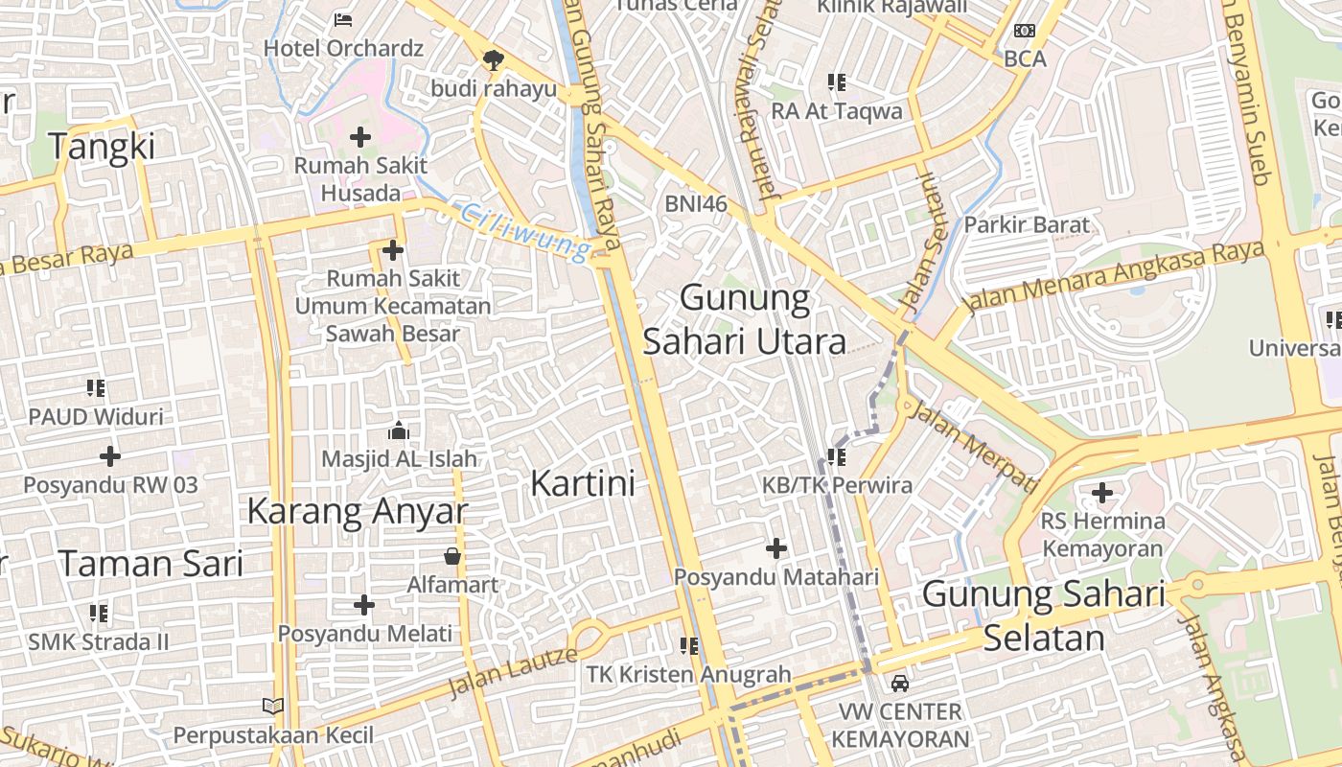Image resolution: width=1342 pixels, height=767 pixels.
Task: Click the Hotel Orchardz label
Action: [x=343, y=48]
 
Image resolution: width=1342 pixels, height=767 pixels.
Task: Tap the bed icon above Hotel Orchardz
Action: [x=343, y=19]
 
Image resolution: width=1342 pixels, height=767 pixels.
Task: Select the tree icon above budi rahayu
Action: [x=494, y=60]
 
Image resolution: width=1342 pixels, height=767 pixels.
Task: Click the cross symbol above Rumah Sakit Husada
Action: [x=360, y=138]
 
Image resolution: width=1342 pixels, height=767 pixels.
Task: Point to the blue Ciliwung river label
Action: [x=523, y=231]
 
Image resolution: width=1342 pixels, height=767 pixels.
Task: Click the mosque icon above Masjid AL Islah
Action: [x=399, y=430]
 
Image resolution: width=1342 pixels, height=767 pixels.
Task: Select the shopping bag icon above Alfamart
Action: [x=452, y=556]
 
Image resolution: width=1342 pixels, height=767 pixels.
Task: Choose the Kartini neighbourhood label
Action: [x=583, y=483]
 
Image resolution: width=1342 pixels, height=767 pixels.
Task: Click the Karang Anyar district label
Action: [x=358, y=512]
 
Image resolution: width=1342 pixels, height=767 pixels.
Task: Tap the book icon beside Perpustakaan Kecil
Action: [x=273, y=707]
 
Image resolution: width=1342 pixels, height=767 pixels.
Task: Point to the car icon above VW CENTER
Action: [x=900, y=684]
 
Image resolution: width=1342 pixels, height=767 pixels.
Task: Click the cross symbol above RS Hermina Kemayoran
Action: [x=1102, y=494]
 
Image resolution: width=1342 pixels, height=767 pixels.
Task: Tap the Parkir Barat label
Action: [x=1027, y=225]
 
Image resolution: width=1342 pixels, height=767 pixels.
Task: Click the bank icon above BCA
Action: [x=1025, y=32]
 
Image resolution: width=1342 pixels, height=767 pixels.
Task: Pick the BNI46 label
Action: [x=696, y=203]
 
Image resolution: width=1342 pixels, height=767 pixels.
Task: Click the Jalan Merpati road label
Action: [x=972, y=447]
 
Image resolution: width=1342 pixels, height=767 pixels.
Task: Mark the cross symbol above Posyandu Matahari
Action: [x=776, y=549]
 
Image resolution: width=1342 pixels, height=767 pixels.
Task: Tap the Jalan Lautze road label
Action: [x=513, y=672]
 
